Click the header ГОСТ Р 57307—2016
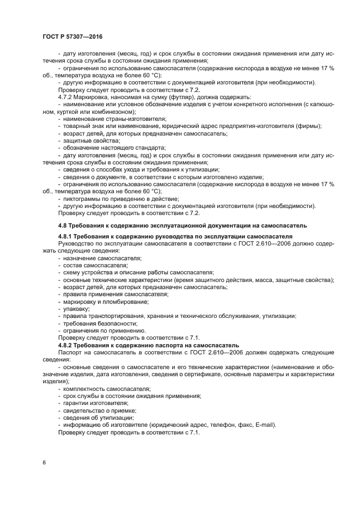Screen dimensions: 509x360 click(72, 36)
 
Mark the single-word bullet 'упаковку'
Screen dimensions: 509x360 click(77, 309)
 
